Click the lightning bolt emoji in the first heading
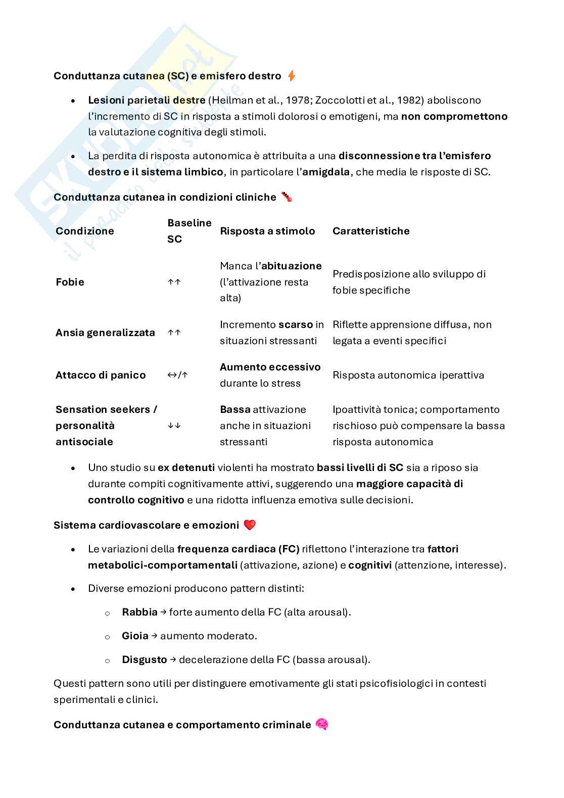291,76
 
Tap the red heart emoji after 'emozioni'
250,525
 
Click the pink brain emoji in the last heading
322,724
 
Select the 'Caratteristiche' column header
371,231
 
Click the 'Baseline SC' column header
189,231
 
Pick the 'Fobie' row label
70,282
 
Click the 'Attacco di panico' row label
101,375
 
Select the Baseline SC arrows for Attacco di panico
177,375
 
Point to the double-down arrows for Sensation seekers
174,426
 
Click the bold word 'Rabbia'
139,612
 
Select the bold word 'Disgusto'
144,660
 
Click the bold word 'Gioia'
135,636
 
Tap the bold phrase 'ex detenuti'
186,467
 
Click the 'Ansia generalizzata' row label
105,333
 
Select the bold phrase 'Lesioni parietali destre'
147,100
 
